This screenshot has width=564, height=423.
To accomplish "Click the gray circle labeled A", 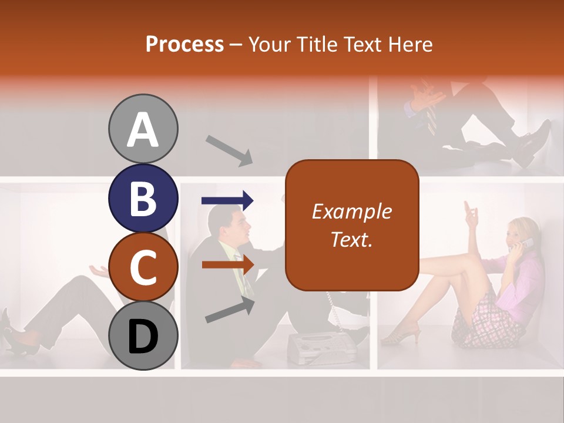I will (143, 129).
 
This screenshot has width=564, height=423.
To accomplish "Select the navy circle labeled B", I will (143, 198).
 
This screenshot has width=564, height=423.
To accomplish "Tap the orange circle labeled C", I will (143, 267).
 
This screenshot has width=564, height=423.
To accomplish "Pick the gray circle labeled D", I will (143, 335).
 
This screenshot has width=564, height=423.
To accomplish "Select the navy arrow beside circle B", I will (227, 201).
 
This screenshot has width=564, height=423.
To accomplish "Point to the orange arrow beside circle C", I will (228, 264).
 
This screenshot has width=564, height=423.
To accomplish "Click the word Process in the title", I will (184, 44).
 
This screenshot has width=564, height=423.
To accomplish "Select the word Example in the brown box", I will (351, 211).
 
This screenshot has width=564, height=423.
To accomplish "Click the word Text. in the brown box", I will (351, 239).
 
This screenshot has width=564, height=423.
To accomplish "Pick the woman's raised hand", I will (471, 213).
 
